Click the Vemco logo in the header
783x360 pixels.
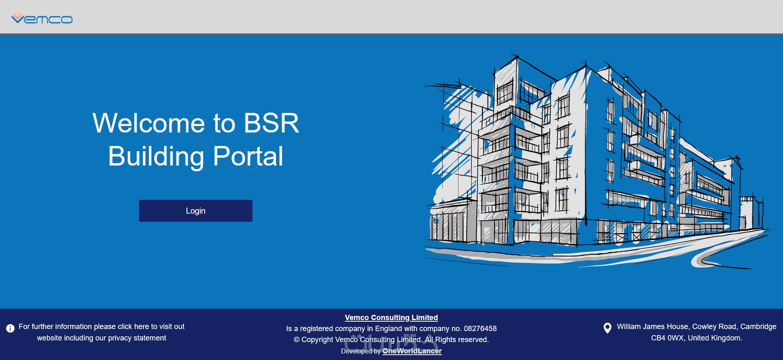point(42,18)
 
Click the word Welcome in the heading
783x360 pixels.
point(148,123)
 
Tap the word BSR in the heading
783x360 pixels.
point(271,123)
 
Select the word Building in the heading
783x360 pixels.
point(156,157)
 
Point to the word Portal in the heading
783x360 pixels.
point(248,157)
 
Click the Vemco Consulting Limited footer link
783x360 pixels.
point(391,318)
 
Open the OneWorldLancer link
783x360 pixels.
point(412,351)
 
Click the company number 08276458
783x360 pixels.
point(480,329)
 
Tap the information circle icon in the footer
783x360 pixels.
point(11,328)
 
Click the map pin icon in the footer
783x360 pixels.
point(607,328)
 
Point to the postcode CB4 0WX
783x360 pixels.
point(667,338)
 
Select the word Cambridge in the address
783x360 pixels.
point(758,327)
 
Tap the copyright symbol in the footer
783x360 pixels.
point(296,340)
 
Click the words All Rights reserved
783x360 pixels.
point(457,340)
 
